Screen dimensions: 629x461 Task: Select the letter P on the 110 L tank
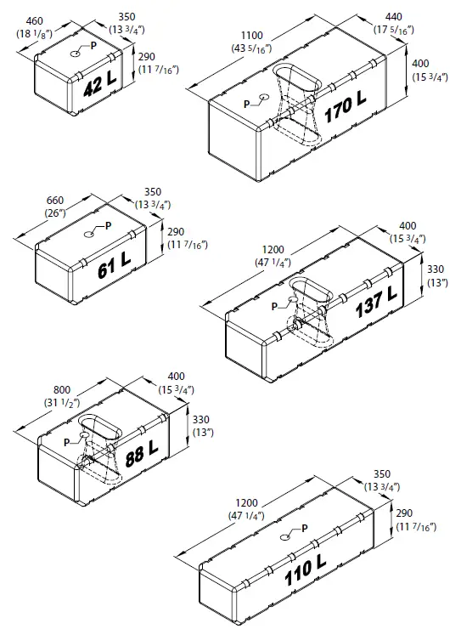pyautogui.click(x=304, y=528)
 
